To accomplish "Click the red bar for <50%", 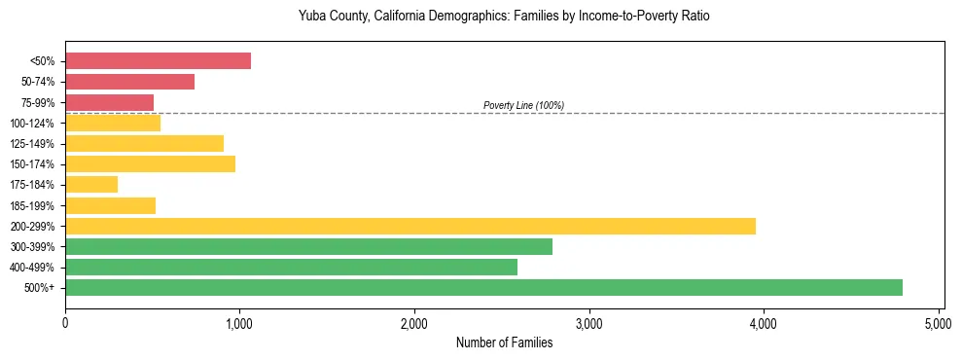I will tap(158, 61).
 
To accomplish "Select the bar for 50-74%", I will tap(129, 82).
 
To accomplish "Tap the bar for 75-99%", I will tap(109, 102).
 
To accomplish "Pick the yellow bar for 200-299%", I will tap(410, 226).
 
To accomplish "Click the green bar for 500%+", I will tap(483, 287).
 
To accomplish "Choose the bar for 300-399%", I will tap(308, 246).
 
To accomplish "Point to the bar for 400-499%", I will tap(291, 267).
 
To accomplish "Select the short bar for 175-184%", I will tap(91, 184).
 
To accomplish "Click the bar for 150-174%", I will tap(150, 163).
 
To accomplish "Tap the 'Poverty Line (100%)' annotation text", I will tap(523, 105).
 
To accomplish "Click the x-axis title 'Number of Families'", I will tap(504, 342).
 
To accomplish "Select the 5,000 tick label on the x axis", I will tap(938, 322).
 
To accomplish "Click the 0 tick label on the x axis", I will tap(65, 322).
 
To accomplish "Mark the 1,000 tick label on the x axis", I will tap(239, 322).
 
